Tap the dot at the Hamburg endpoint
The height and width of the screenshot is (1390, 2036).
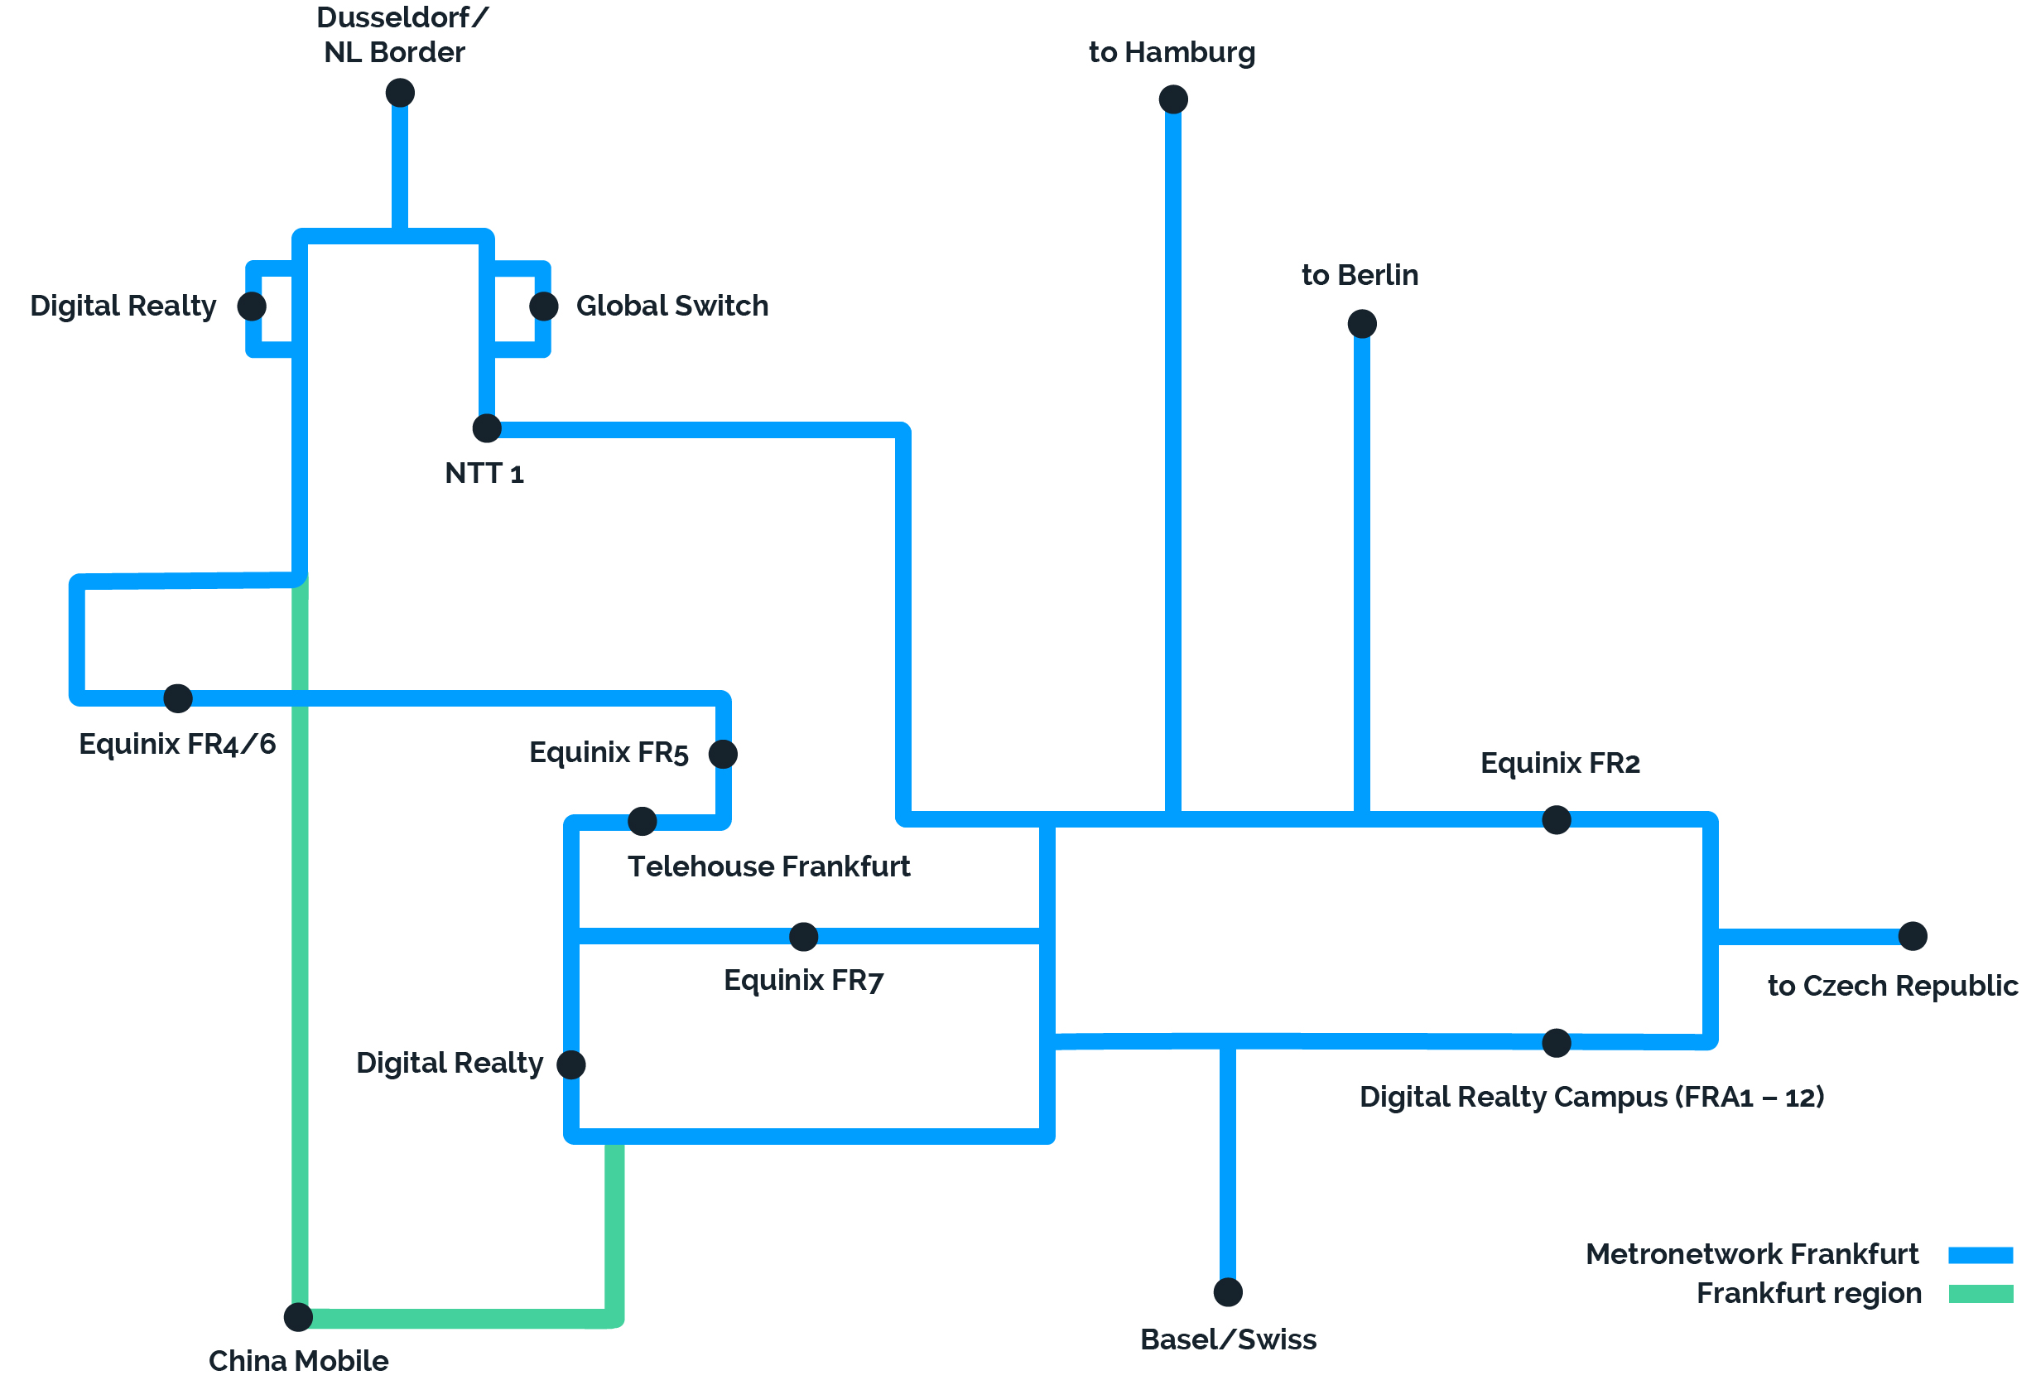(1173, 99)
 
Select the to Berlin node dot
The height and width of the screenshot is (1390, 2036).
(1361, 323)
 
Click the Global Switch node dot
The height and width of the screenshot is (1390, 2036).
(544, 306)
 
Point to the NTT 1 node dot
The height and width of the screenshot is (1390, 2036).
(487, 427)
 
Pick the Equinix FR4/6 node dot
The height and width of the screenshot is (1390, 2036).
(178, 697)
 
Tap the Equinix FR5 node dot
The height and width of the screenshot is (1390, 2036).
(723, 754)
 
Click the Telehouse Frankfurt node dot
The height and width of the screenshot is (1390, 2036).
(643, 820)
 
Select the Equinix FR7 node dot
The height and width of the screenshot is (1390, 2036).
(803, 936)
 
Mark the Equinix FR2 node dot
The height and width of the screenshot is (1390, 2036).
(1556, 819)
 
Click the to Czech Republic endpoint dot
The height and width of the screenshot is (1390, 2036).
(1913, 935)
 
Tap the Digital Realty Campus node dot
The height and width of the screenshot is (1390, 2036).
(1556, 1043)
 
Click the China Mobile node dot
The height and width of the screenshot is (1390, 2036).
(299, 1315)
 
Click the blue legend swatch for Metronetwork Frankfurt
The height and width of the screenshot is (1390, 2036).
(1980, 1254)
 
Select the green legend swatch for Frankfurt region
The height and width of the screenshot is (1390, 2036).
(1980, 1294)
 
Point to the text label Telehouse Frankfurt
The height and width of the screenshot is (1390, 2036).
(768, 866)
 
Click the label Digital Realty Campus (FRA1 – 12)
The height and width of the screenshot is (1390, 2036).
(1591, 1097)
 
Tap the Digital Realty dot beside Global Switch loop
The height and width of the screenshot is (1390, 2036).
(252, 306)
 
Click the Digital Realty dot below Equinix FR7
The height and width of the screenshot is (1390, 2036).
(571, 1064)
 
